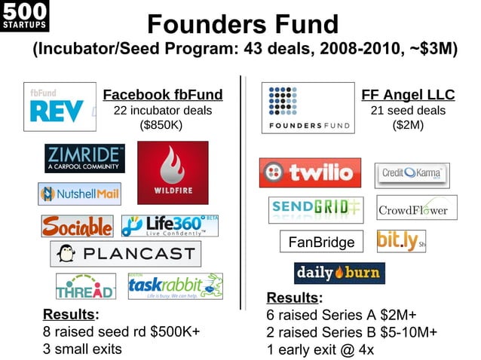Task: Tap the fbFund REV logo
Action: pos(60,107)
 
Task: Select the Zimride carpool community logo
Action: pos(84,158)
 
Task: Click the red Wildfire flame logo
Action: pos(173,172)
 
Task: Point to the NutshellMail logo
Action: pos(79,194)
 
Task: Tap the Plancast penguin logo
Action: pos(125,254)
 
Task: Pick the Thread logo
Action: pos(85,286)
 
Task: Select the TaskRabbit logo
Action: pos(175,286)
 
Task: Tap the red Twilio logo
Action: pos(309,173)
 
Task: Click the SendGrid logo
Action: pos(315,209)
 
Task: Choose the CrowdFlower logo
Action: pos(412,209)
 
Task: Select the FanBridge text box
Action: pos(321,243)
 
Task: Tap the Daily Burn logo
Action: pos(339,273)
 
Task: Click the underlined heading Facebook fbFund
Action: pos(163,95)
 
